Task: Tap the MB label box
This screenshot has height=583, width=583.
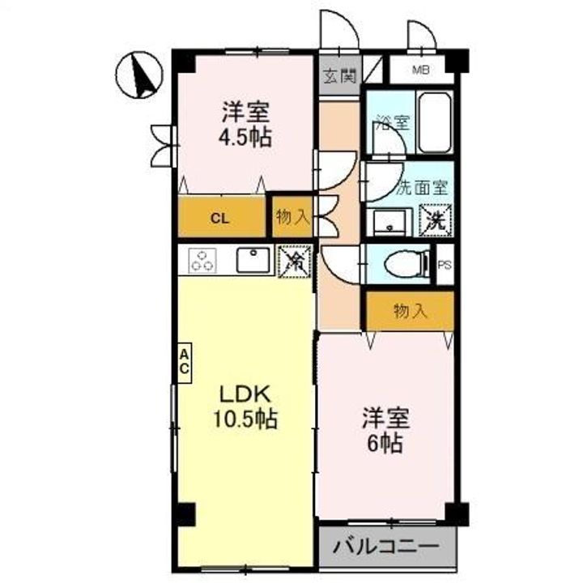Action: coord(420,70)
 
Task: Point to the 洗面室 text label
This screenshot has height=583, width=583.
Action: coord(421,187)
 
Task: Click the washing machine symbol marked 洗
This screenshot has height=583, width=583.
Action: coord(436,219)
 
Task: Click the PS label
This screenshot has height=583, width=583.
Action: coord(445,264)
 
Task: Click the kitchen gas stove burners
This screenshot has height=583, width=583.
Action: coord(204,260)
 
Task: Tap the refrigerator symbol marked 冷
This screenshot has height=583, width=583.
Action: coord(295,260)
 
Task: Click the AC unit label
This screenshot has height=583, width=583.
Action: coord(185,361)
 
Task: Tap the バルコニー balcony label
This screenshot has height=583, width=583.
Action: coord(385,545)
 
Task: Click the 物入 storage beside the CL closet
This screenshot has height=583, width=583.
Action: coord(292,217)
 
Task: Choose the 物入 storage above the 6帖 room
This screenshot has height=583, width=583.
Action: coord(411,311)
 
